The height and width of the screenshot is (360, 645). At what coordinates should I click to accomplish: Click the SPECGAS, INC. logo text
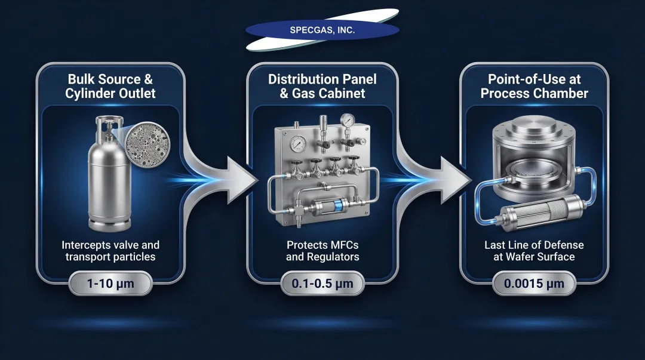(322, 30)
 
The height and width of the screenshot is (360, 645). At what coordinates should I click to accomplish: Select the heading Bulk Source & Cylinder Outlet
(112, 86)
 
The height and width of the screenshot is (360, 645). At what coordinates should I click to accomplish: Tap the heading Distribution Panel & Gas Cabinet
(323, 86)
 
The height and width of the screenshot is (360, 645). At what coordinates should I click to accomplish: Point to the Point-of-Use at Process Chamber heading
(534, 86)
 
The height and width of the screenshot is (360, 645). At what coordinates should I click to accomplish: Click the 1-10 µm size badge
(111, 284)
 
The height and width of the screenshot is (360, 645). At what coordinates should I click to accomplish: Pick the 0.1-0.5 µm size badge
(323, 284)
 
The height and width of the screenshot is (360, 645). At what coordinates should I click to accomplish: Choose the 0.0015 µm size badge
(534, 284)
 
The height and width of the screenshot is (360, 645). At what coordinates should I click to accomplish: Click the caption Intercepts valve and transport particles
(111, 251)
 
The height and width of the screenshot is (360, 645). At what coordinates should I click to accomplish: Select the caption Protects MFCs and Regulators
(323, 251)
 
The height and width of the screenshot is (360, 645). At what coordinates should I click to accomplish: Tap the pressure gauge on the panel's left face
(297, 145)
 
